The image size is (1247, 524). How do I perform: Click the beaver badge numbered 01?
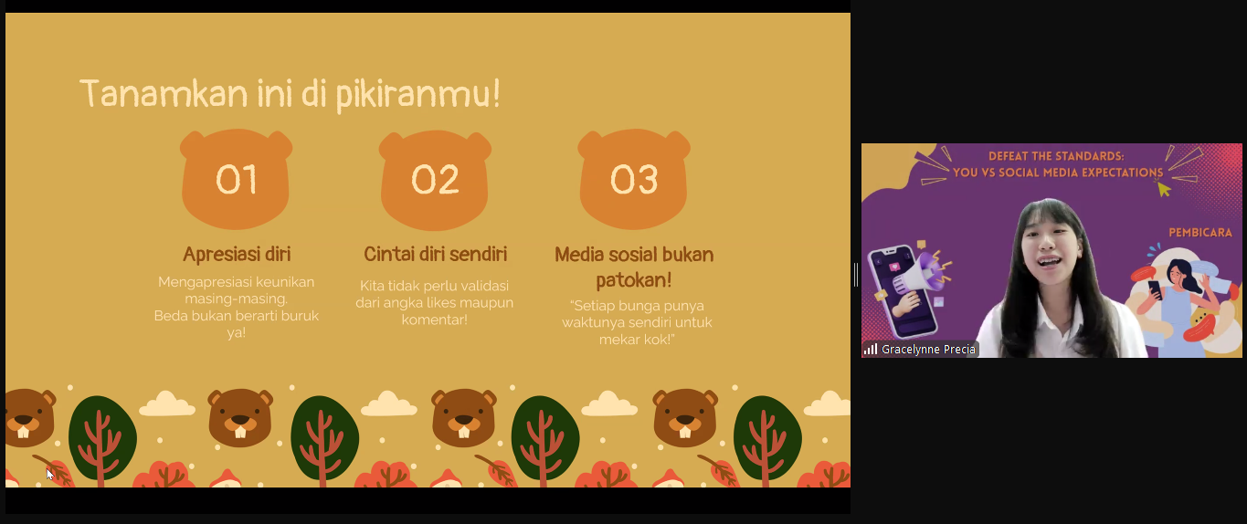(236, 179)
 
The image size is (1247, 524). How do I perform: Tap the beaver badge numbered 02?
(435, 180)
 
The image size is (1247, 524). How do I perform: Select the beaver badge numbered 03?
(633, 179)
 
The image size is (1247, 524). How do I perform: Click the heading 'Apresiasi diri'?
(237, 254)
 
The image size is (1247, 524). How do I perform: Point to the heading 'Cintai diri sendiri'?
(436, 254)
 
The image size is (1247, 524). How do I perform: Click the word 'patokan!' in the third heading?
(633, 279)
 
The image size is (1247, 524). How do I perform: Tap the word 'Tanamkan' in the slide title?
(164, 93)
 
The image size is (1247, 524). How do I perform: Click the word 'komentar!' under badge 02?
(435, 320)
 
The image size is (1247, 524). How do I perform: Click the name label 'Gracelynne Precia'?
(928, 350)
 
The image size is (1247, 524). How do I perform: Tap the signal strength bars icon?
(871, 350)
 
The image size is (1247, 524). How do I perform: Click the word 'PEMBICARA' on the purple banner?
(1200, 233)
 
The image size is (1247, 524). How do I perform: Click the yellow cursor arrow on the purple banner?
(1164, 190)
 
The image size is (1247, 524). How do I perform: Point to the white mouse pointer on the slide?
(50, 475)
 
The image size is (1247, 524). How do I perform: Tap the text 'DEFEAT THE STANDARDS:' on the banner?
(1056, 156)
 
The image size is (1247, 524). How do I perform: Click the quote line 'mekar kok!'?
(637, 340)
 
